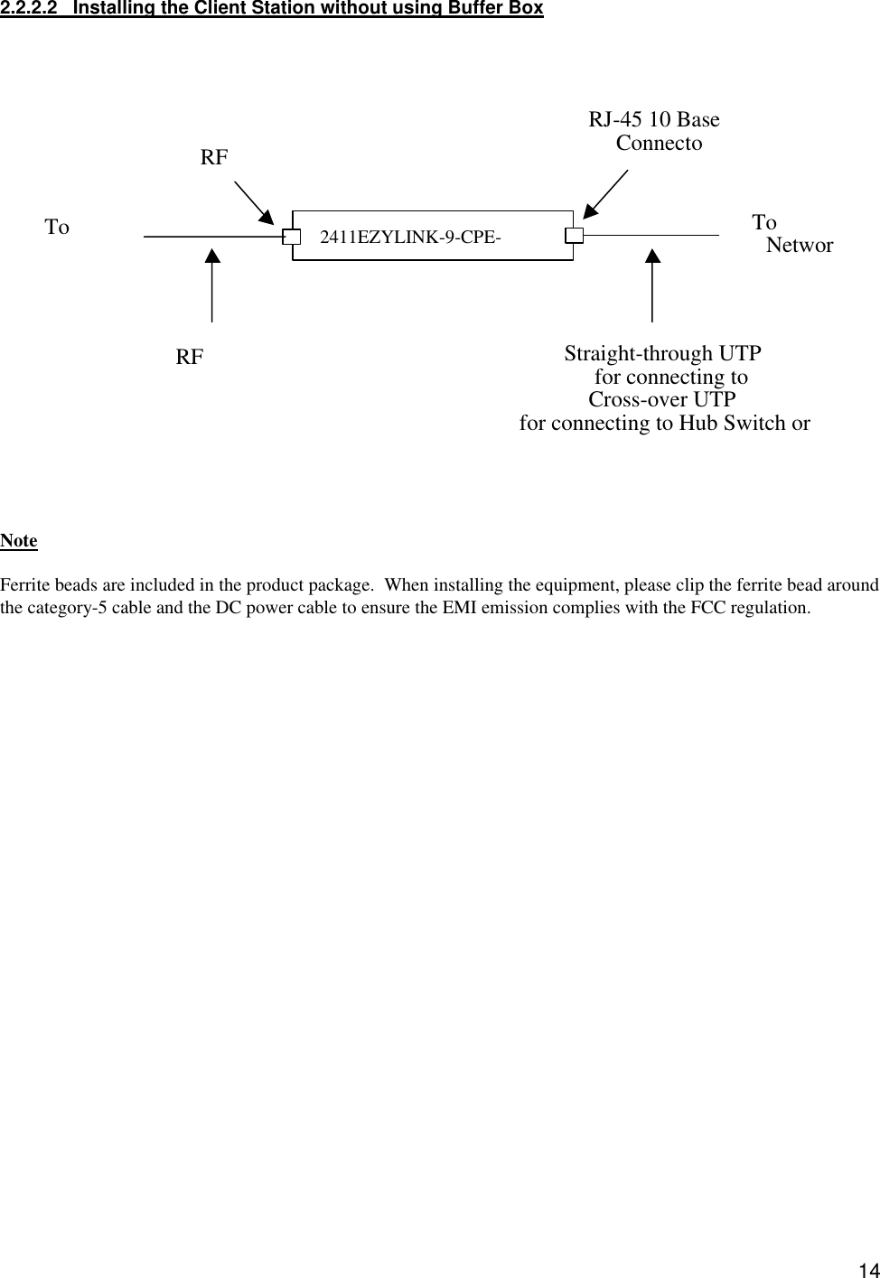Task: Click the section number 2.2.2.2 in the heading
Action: (33, 9)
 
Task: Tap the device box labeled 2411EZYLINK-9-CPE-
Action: (432, 237)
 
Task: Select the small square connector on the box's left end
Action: (291, 237)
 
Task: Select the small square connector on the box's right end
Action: (575, 237)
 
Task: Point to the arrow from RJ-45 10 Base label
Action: (606, 194)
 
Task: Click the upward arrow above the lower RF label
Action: (212, 285)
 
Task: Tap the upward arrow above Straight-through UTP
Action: (652, 285)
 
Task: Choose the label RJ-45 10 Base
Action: (654, 120)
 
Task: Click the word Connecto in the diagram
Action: (659, 144)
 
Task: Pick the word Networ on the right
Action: (800, 246)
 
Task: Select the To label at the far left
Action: (57, 227)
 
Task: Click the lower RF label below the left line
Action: (190, 358)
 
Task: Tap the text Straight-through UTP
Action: (662, 353)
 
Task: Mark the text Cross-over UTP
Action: (661, 400)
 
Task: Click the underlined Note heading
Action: (19, 541)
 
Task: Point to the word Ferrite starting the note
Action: (23, 586)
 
